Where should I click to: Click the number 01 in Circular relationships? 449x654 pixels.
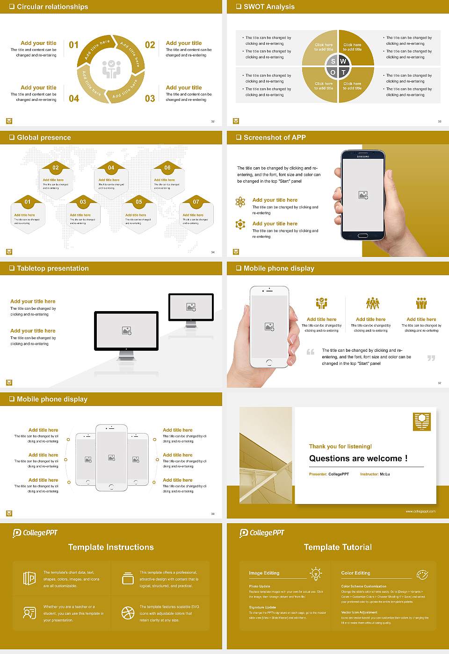[x=73, y=45]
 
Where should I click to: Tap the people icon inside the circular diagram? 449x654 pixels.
[x=111, y=69]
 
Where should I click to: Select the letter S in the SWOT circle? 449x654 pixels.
[x=333, y=61]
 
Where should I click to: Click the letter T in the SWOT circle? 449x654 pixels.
[x=343, y=72]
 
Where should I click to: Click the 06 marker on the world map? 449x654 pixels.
[x=167, y=168]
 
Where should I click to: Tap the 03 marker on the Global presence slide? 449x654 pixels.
[x=83, y=202]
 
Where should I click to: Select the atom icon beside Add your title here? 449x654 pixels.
[x=240, y=202]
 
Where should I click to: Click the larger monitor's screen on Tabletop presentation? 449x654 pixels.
[x=126, y=330]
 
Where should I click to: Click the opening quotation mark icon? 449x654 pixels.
[x=310, y=352]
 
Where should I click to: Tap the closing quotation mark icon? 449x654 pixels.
[x=431, y=358]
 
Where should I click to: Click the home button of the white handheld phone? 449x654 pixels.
[x=269, y=362]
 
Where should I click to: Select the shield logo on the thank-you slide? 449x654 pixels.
[x=422, y=421]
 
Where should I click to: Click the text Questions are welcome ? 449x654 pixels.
[x=358, y=458]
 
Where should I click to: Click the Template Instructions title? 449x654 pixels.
[x=111, y=547]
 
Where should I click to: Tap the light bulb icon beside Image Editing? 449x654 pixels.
[x=316, y=573]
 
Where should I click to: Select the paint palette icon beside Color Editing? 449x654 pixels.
[x=422, y=574]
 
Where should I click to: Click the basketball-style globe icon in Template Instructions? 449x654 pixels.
[x=128, y=613]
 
